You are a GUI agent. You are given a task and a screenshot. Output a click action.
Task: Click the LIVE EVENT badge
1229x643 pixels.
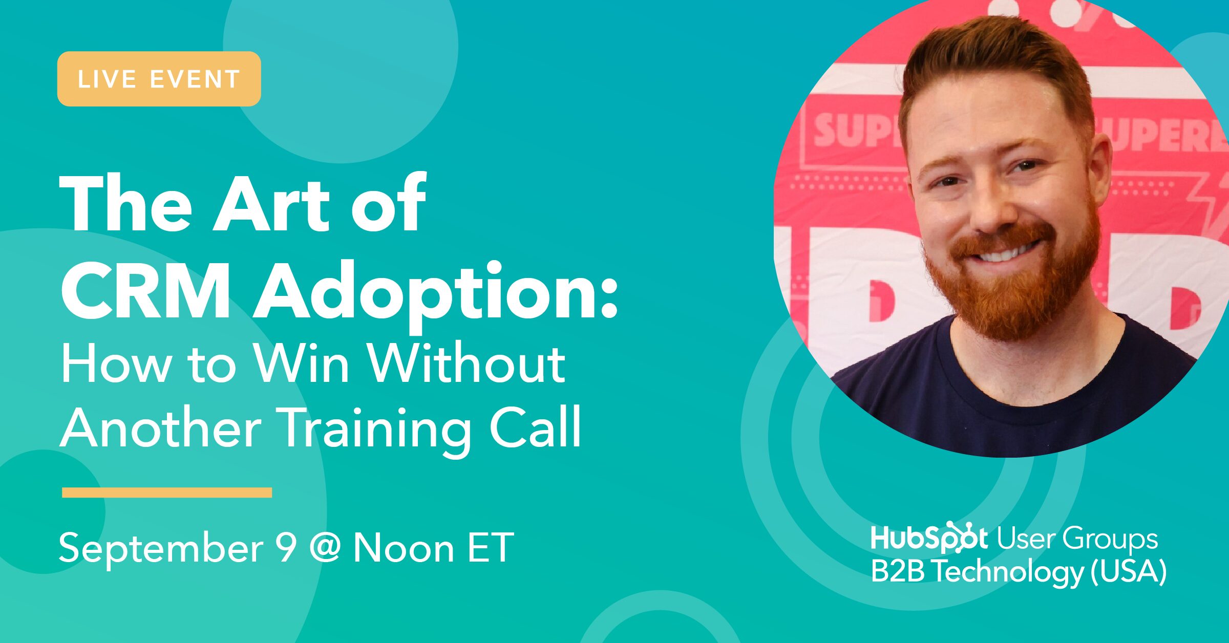click(159, 79)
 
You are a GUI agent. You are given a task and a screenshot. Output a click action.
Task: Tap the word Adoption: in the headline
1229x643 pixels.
click(437, 295)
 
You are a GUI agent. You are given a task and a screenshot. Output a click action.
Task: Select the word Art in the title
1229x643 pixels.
click(271, 204)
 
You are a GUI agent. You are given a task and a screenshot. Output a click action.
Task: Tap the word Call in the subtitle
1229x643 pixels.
click(536, 426)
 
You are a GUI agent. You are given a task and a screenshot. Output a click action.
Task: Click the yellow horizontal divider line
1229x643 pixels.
click(167, 492)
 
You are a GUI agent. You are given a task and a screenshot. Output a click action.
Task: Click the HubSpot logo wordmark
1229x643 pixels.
click(929, 538)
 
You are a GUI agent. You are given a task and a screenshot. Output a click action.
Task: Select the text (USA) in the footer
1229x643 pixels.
click(1129, 571)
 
